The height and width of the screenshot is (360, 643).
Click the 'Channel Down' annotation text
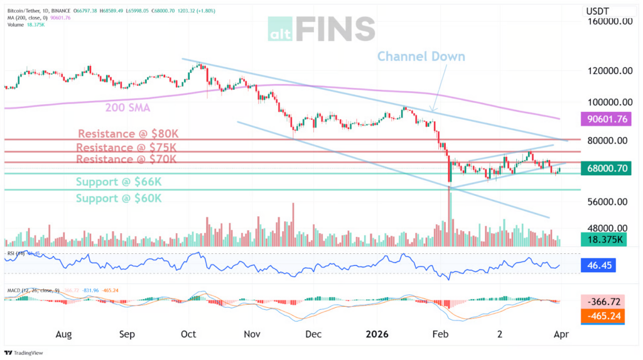421,57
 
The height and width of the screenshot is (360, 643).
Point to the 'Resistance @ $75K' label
126,147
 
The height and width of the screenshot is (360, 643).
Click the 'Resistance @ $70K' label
126,160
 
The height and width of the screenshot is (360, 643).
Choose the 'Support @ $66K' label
119,182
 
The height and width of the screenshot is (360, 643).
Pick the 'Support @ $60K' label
119,198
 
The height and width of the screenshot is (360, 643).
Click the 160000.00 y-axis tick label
608,21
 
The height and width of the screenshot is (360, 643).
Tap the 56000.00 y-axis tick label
608,202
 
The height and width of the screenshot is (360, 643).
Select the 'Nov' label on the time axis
252,334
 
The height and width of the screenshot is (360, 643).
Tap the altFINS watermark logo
321,28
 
